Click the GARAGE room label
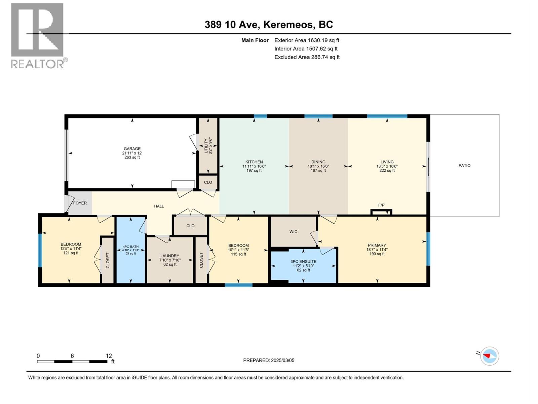(132, 148)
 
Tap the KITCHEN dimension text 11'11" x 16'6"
(254, 166)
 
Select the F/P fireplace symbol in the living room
(381, 212)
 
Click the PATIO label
(464, 166)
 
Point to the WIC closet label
(293, 232)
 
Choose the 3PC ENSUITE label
(303, 261)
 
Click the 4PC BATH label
(131, 246)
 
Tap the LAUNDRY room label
(170, 256)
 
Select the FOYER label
(80, 203)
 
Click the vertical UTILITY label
(206, 145)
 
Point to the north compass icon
(490, 356)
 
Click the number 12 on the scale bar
(109, 356)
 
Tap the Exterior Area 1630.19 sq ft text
(307, 40)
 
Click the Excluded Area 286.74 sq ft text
(307, 57)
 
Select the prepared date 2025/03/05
(282, 360)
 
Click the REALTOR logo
(37, 35)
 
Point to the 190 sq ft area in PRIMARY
(377, 254)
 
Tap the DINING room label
(318, 162)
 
